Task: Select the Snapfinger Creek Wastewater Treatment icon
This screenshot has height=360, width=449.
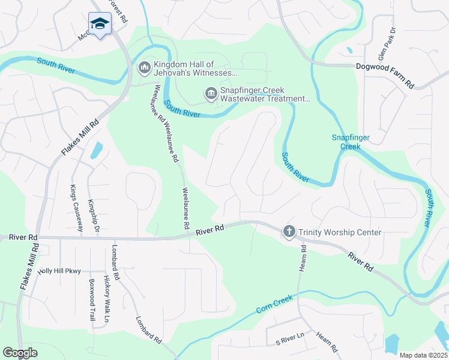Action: pyautogui.click(x=211, y=94)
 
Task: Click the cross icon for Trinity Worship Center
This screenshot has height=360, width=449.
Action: pyautogui.click(x=289, y=232)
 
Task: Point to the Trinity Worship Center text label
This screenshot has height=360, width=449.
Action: pyautogui.click(x=340, y=232)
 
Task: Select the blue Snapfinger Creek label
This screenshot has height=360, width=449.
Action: pyautogui.click(x=351, y=142)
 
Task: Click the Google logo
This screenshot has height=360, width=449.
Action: pyautogui.click(x=20, y=353)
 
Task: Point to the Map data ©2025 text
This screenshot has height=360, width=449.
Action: pyautogui.click(x=423, y=355)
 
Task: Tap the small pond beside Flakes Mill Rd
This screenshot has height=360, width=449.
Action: pyautogui.click(x=96, y=150)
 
